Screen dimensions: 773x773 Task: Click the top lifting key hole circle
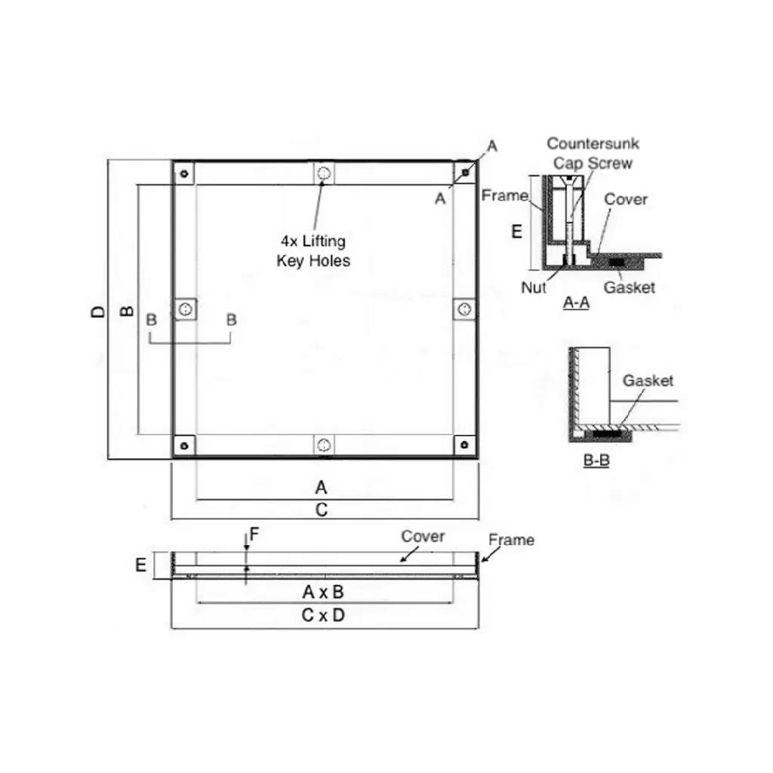[324, 173]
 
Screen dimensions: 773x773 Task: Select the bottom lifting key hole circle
[324, 445]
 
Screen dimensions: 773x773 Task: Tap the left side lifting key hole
[186, 309]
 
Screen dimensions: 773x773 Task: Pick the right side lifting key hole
[464, 309]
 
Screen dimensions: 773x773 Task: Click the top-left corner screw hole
[184, 174]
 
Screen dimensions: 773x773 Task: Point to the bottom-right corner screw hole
[464, 445]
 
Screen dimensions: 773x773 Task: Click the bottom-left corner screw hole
[184, 445]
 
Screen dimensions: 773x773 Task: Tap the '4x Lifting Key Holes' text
[313, 251]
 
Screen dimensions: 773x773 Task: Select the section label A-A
[576, 302]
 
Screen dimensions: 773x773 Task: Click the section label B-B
[596, 460]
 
